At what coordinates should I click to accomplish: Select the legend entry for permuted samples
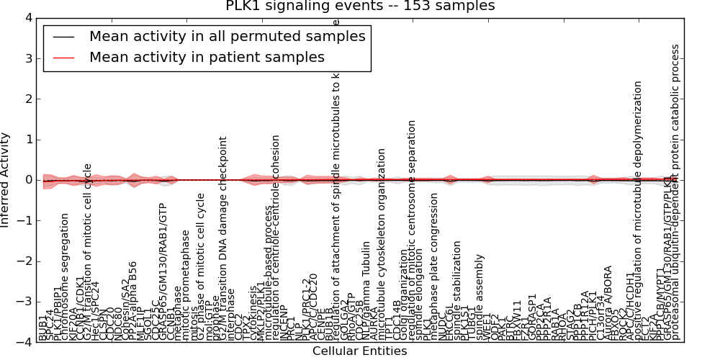(227, 36)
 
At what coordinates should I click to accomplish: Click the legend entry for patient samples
(207, 57)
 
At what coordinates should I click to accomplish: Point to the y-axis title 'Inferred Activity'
(6, 180)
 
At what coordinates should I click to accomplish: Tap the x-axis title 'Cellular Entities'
(359, 351)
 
